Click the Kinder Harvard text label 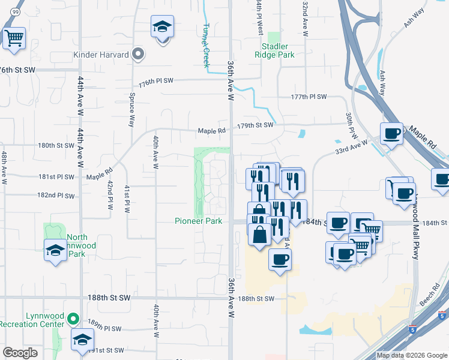pyautogui.click(x=101, y=55)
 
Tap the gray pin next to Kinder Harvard pyautogui.click(x=139, y=55)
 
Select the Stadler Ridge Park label pyautogui.click(x=278, y=50)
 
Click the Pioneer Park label pyautogui.click(x=198, y=221)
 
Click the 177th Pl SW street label pyautogui.click(x=309, y=97)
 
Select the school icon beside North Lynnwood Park pyautogui.click(x=55, y=250)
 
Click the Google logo pyautogui.click(x=20, y=352)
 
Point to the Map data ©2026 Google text pyautogui.click(x=411, y=355)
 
